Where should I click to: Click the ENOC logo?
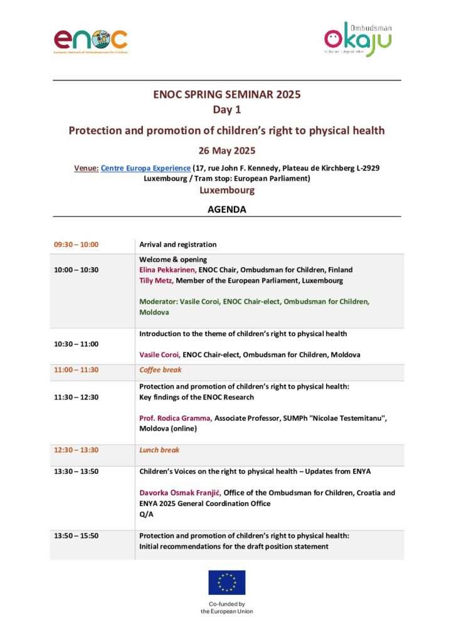[90, 40]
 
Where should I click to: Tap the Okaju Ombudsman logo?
[357, 41]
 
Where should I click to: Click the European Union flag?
[227, 582]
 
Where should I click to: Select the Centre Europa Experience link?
[145, 168]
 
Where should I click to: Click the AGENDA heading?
[227, 209]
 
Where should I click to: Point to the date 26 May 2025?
[227, 150]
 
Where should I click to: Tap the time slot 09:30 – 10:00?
[76, 245]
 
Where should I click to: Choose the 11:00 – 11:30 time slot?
[76, 370]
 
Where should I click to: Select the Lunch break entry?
[159, 450]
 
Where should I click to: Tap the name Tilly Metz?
[157, 281]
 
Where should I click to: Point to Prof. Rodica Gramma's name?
[176, 418]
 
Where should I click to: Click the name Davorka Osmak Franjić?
[181, 493]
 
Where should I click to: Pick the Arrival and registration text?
[178, 245]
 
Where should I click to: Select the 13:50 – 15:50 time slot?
[76, 536]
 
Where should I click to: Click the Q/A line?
[145, 515]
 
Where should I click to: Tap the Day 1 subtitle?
[227, 110]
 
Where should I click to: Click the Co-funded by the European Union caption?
[227, 608]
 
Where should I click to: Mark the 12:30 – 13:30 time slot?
[76, 450]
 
